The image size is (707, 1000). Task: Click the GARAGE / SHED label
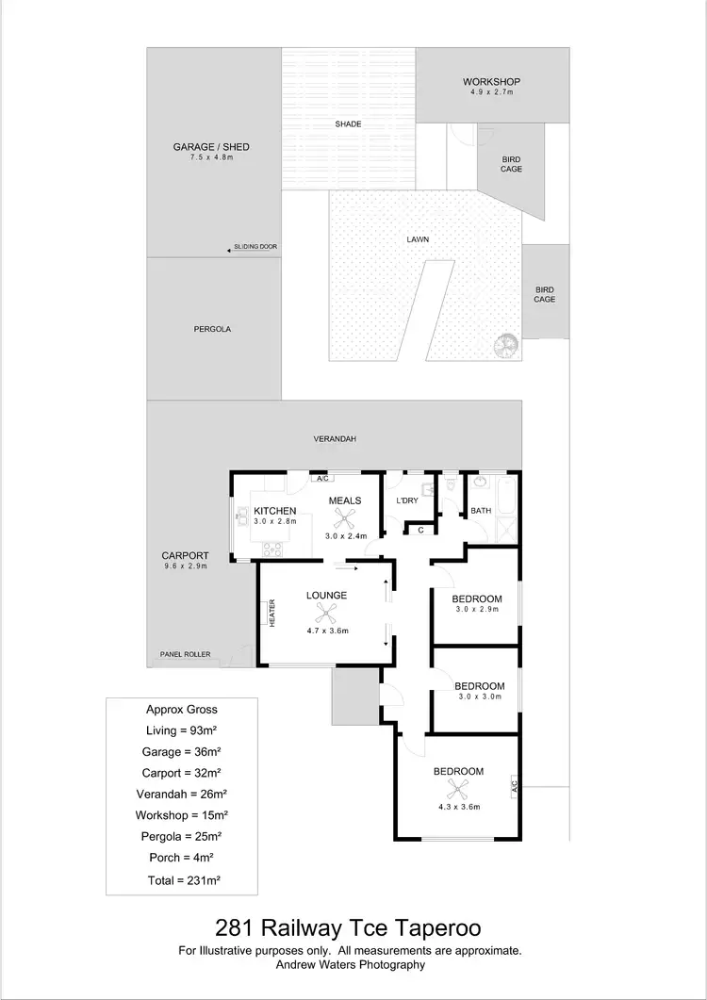[x=210, y=147]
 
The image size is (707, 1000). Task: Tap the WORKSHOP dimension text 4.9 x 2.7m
[x=491, y=92]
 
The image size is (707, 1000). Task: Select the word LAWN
[x=418, y=239]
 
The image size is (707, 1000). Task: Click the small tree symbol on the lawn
[x=506, y=345]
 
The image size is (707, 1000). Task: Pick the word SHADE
[x=348, y=124]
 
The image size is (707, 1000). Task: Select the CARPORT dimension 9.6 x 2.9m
[x=185, y=566]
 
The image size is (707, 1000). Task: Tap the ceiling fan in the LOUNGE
[x=325, y=610]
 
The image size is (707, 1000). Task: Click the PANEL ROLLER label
[x=185, y=655]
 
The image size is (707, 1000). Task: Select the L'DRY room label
[x=406, y=500]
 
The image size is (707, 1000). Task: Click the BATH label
[x=481, y=511]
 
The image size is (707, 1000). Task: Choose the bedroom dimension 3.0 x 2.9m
[x=476, y=610]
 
